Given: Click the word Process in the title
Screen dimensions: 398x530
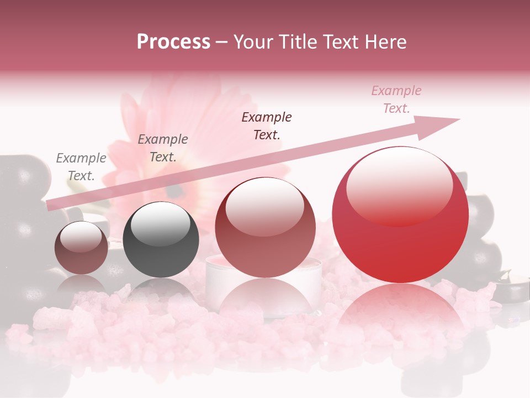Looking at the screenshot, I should (173, 41).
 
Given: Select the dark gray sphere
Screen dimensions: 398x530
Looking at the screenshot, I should (160, 240).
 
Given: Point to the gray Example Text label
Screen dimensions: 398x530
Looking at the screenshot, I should (81, 166).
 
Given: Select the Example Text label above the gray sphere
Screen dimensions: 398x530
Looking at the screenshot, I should (163, 148).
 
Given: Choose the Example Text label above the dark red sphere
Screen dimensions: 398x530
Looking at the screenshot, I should (267, 125).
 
